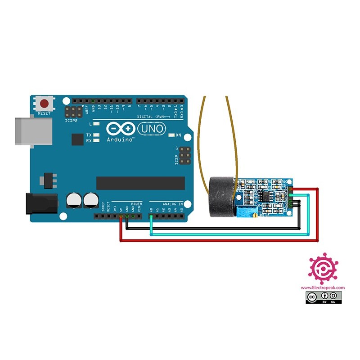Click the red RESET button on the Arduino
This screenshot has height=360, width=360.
point(45,103)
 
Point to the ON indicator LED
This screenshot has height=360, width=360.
point(171,135)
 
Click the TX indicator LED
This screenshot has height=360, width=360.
point(95,135)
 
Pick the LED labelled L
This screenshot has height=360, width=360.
point(95,123)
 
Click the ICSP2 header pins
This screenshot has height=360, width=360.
point(72,112)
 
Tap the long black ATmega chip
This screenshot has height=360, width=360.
point(140,183)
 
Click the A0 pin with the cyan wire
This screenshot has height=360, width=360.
point(151,216)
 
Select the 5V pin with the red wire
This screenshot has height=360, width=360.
point(121,216)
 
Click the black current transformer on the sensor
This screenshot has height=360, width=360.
point(221,196)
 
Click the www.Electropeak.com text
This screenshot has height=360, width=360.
point(323,288)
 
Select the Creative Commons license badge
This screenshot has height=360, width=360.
point(324,297)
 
